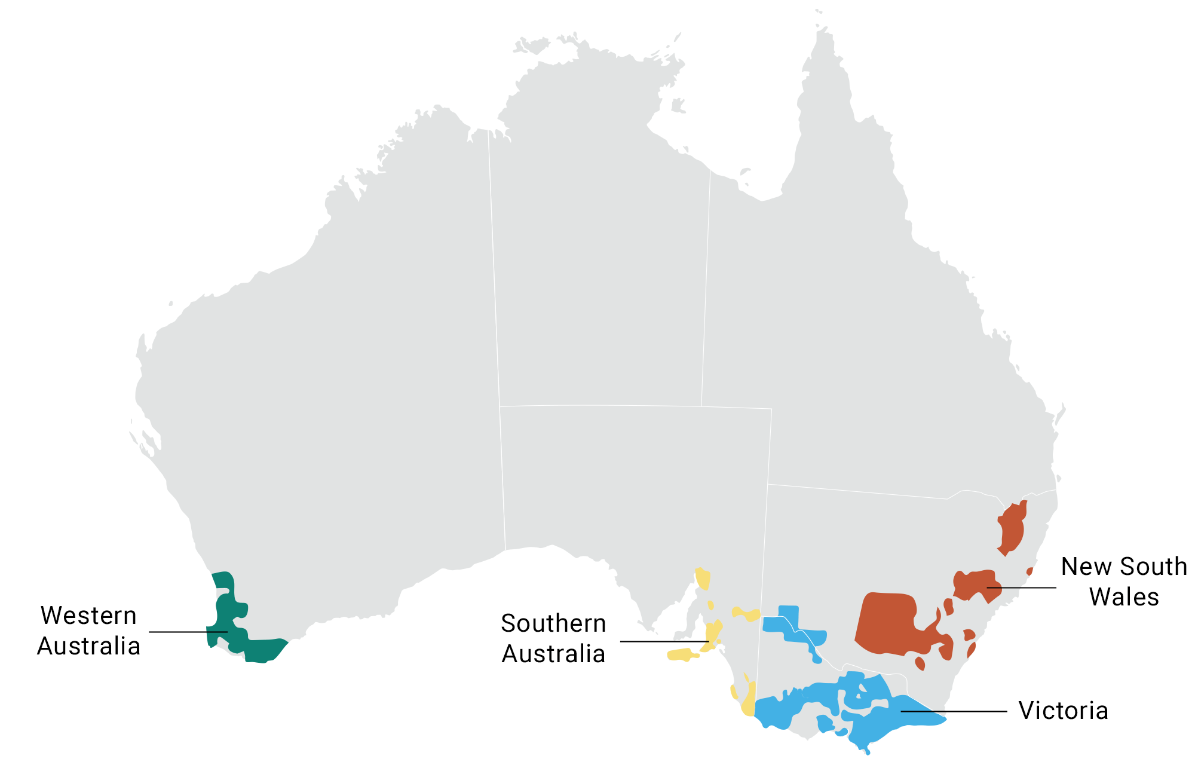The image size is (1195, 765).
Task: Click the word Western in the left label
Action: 88,616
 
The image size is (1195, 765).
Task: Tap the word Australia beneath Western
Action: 88,646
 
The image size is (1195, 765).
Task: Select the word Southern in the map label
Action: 553,623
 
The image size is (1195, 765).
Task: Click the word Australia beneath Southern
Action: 553,654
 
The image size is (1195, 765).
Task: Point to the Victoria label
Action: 1063,711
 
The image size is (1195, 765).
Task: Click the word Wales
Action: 1124,597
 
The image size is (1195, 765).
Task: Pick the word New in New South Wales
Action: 1081,567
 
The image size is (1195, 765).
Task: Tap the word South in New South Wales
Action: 1147,567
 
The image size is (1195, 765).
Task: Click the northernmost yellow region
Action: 703,579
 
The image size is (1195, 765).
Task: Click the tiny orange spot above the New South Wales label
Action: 1029,571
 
